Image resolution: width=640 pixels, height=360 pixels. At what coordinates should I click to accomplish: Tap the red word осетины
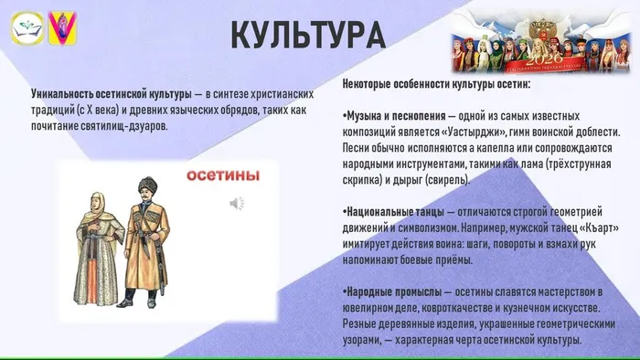click(x=219, y=175)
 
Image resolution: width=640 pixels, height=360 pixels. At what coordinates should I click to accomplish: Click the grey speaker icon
click(x=236, y=202)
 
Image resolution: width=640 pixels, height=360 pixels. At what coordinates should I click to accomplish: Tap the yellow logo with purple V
click(x=63, y=26)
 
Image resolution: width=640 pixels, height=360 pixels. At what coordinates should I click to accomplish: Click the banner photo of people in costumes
click(x=540, y=42)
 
